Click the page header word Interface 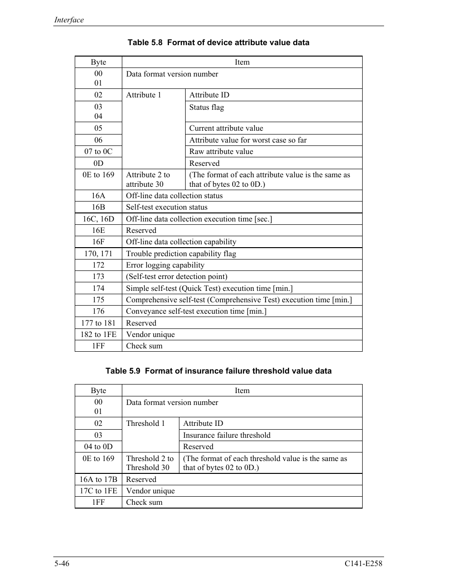tap(69, 20)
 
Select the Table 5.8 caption tap(218, 42)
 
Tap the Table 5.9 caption tap(218, 371)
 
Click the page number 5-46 tap(62, 564)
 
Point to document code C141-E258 tap(364, 564)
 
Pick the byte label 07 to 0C tap(99, 152)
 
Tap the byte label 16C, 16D tap(99, 219)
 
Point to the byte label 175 tap(99, 300)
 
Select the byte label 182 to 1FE tap(99, 335)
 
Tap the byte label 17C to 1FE tap(99, 491)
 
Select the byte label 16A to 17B tap(99, 480)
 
